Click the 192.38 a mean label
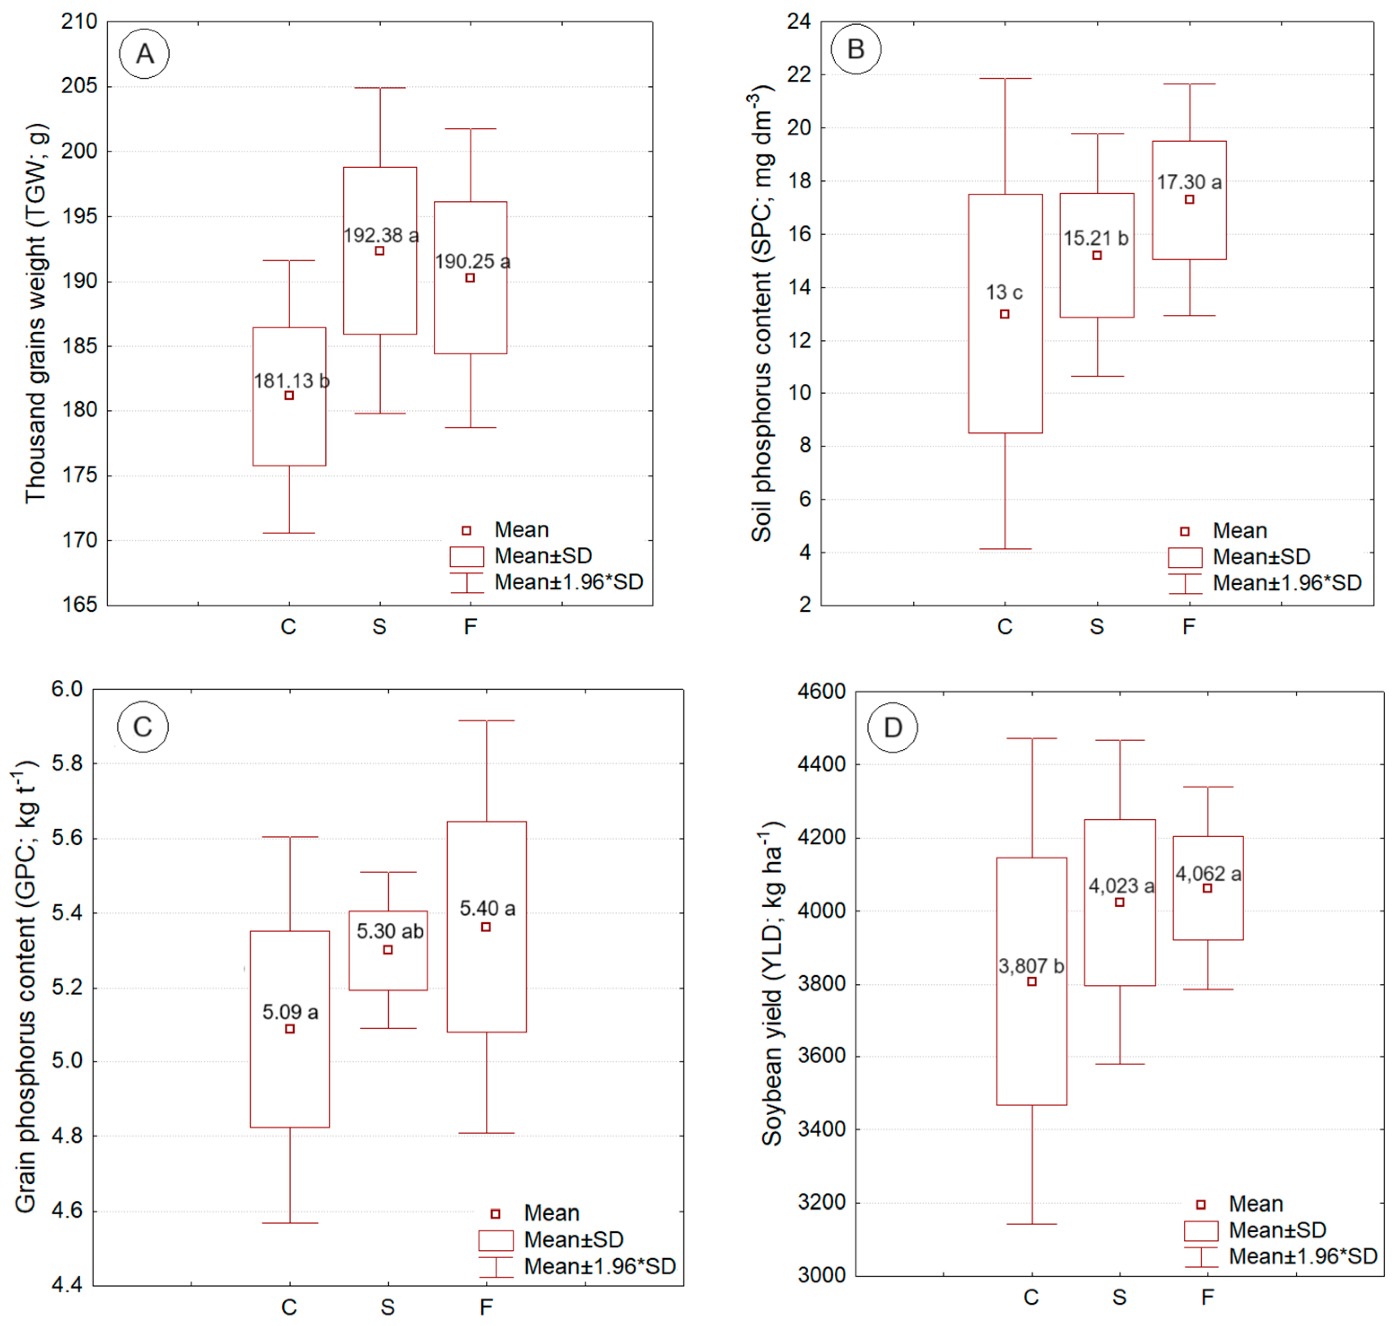pyautogui.click(x=380, y=235)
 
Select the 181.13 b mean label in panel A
pyautogui.click(x=291, y=381)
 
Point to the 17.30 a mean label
pyautogui.click(x=1189, y=183)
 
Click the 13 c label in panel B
pyautogui.click(x=1004, y=292)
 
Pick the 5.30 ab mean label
pyautogui.click(x=390, y=931)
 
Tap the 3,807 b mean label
pyautogui.click(x=1031, y=966)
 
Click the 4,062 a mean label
pyautogui.click(x=1208, y=874)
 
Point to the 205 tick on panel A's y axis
pyautogui.click(x=79, y=86)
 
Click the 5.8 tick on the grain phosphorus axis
pyautogui.click(x=67, y=763)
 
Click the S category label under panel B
pyautogui.click(x=1097, y=626)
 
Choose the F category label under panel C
pyautogui.click(x=486, y=1307)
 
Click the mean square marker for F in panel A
pyautogui.click(x=470, y=278)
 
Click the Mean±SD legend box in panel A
pyautogui.click(x=466, y=556)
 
